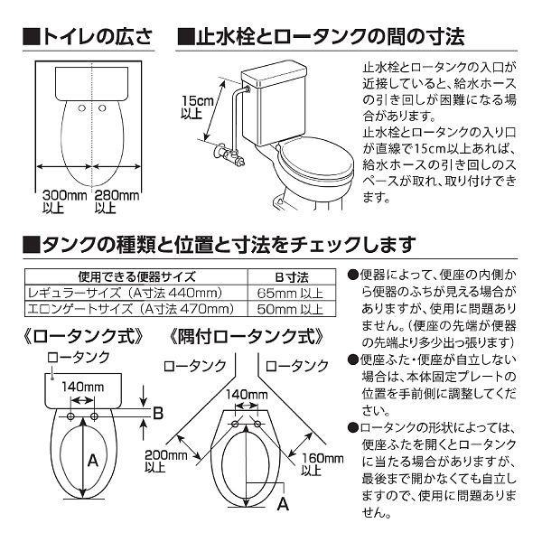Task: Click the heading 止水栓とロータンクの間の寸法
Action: click(321, 37)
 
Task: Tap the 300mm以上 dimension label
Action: click(62, 201)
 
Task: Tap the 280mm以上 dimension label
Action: click(117, 201)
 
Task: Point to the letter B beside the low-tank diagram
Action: click(159, 414)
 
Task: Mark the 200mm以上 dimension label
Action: click(163, 461)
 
